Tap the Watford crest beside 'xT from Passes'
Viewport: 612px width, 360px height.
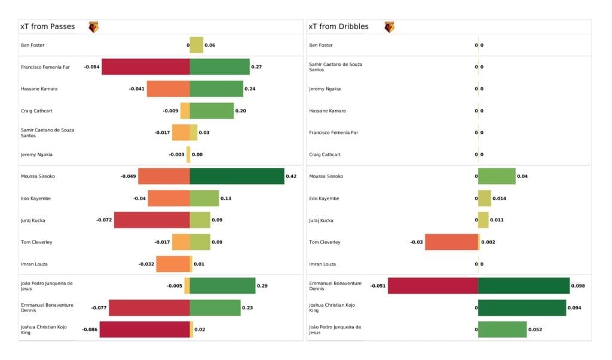[x=93, y=27]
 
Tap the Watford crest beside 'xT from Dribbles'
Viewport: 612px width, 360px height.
[x=389, y=27]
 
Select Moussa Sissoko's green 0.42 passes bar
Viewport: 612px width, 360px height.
[x=237, y=176]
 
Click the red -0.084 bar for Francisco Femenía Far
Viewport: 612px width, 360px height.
[x=145, y=67]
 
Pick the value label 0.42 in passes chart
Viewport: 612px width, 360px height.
[x=291, y=176]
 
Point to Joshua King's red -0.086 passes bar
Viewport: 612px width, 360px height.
[x=144, y=330]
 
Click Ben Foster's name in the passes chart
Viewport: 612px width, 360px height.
[x=33, y=45]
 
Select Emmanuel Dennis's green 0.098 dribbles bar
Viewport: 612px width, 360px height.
[x=524, y=286]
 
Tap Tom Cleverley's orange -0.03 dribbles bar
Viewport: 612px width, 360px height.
[x=451, y=242]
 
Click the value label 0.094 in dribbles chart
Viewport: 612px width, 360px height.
[x=576, y=308]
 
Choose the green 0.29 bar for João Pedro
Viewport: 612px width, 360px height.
[x=222, y=286]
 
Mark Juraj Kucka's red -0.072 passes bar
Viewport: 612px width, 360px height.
[x=152, y=220]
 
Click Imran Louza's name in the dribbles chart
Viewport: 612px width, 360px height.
[x=322, y=264]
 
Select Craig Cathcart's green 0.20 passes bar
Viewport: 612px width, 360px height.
[x=212, y=111]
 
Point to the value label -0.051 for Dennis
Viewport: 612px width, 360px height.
[x=378, y=286]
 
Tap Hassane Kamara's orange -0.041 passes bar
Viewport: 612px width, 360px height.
[x=168, y=89]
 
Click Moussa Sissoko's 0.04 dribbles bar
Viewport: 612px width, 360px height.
[x=497, y=176]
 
